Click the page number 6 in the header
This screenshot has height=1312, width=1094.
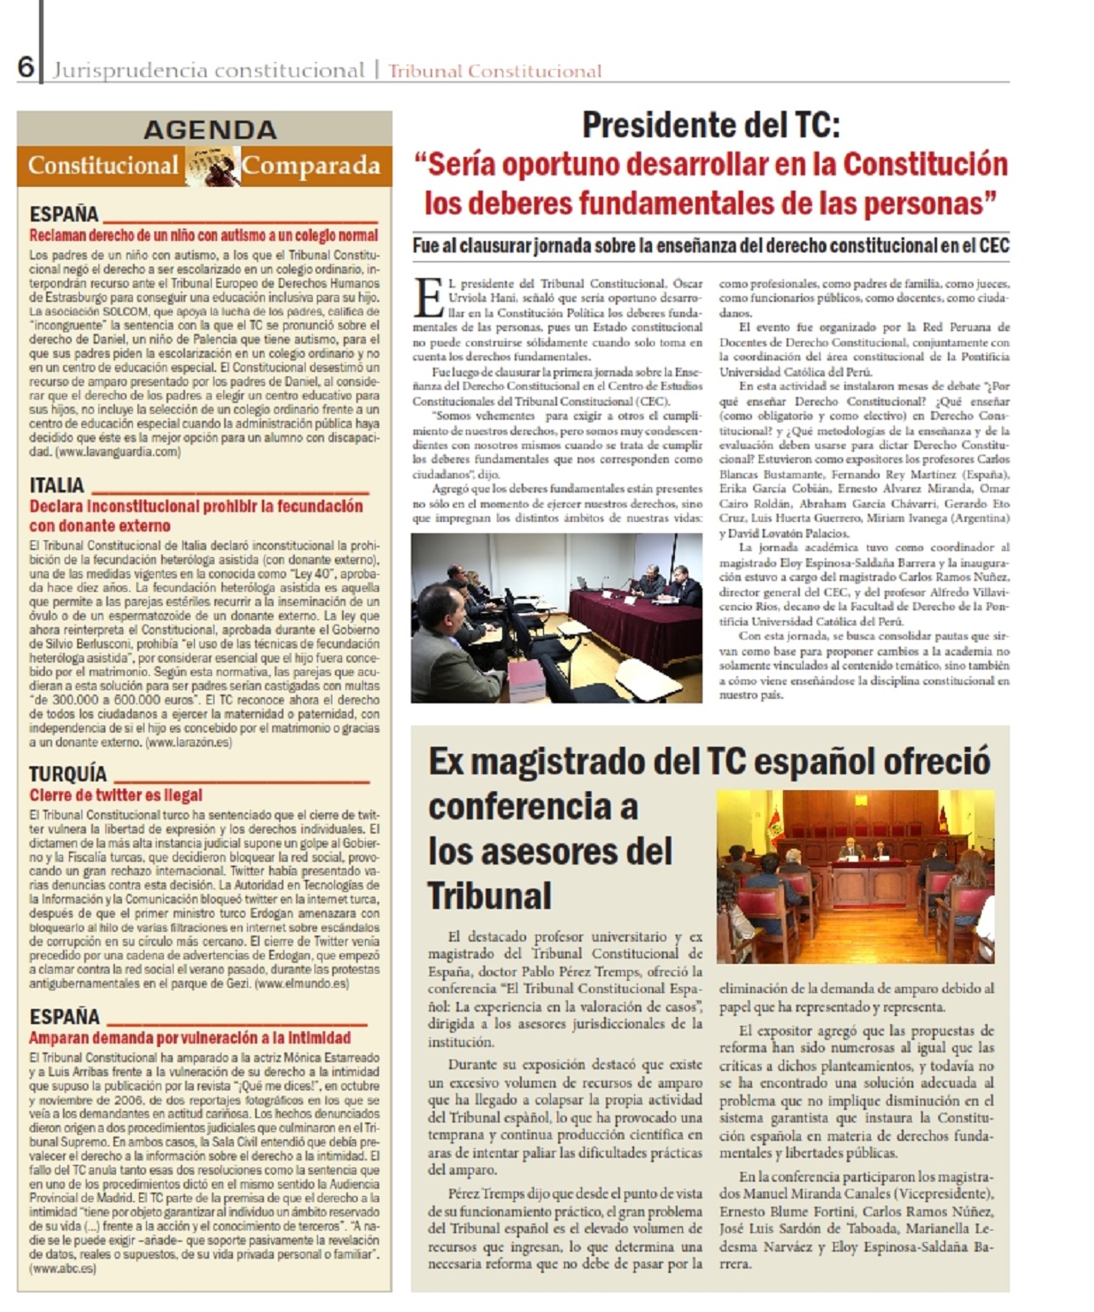[26, 67]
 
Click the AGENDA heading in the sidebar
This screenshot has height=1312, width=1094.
[210, 129]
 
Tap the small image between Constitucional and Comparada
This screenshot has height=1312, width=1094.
[212, 166]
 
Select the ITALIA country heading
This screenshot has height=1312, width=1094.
[57, 485]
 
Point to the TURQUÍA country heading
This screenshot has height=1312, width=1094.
[67, 773]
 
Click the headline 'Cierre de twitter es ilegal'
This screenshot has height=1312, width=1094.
[116, 795]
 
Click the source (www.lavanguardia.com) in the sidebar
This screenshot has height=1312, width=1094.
[117, 452]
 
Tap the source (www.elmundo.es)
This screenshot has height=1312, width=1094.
[301, 983]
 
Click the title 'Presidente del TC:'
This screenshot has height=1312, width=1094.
[710, 126]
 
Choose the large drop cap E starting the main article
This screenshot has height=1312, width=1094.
[429, 297]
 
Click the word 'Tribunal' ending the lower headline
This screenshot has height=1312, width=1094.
[490, 896]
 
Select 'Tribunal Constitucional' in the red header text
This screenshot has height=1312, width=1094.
[494, 72]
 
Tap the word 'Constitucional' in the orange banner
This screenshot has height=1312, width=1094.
[103, 166]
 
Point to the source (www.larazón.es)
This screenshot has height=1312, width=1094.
[188, 742]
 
